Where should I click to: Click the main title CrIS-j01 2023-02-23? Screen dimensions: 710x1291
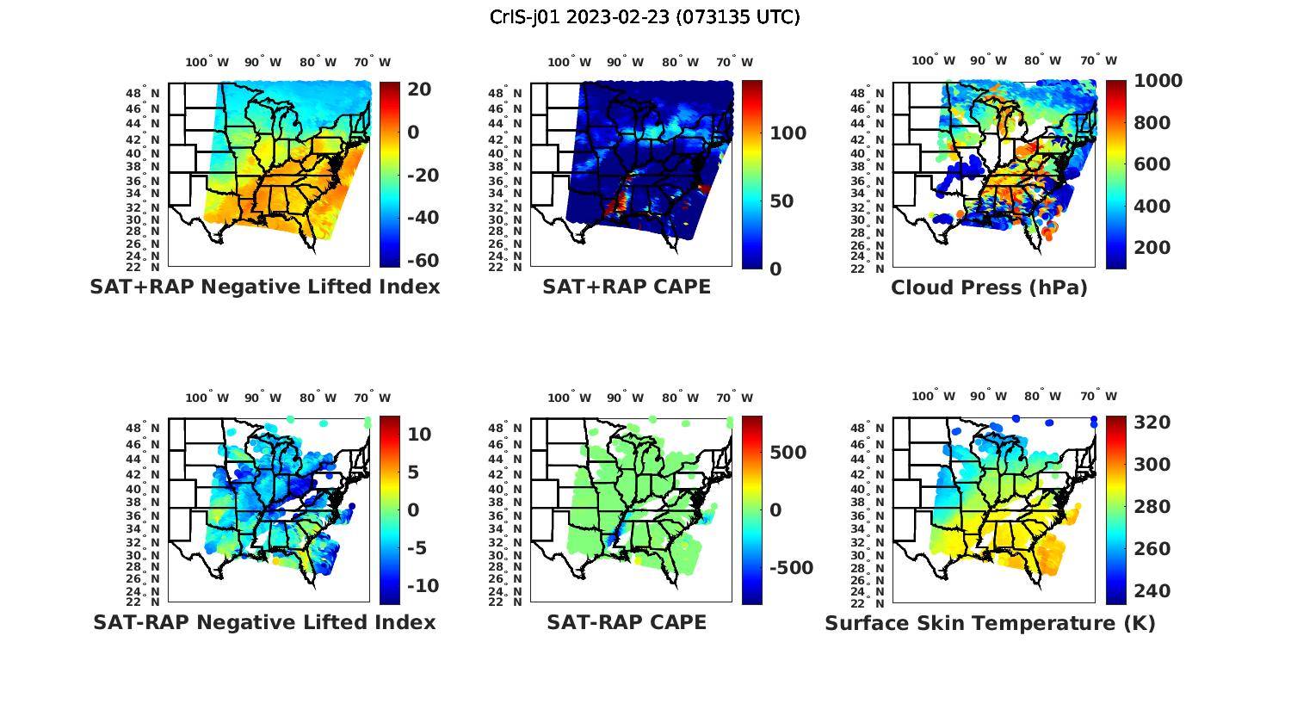click(645, 16)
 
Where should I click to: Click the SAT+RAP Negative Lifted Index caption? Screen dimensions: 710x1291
click(264, 287)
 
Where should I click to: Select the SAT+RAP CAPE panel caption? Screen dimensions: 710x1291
click(627, 287)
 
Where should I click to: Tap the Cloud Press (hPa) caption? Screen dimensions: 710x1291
click(989, 287)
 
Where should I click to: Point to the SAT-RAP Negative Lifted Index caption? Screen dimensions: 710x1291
click(264, 622)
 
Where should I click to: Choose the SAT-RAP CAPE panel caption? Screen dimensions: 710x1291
click(627, 622)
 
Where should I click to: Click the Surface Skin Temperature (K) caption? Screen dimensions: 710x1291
click(990, 623)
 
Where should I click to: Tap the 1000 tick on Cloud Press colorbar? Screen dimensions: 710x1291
click(1158, 81)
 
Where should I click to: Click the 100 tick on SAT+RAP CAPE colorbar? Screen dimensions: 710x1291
click(788, 133)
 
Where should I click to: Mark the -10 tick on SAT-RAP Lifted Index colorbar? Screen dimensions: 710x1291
click(423, 586)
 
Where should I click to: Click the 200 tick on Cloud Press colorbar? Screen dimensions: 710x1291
click(1153, 248)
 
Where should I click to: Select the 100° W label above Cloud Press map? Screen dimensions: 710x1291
click(933, 60)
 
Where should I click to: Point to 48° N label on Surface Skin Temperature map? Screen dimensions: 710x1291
click(874, 429)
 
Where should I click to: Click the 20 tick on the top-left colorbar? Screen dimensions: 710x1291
click(419, 90)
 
